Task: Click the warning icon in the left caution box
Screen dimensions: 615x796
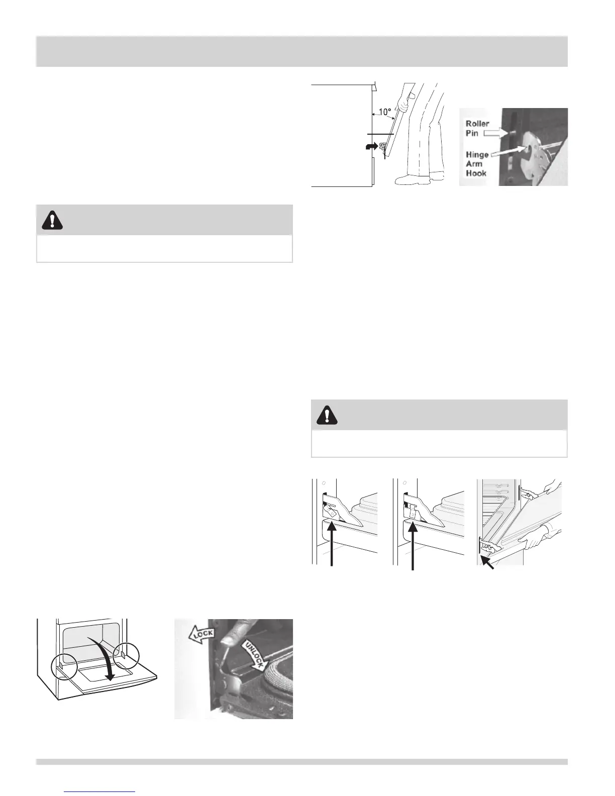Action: [52, 220]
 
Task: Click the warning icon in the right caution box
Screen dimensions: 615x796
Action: [327, 415]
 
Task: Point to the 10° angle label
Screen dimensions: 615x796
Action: [384, 112]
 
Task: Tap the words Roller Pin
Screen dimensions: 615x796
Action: [476, 128]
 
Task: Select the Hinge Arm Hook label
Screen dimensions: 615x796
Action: [476, 164]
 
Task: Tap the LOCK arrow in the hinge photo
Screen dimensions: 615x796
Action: [201, 634]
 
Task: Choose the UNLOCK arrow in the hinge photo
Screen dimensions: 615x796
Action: [254, 654]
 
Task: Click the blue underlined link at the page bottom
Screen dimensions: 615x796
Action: [100, 791]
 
